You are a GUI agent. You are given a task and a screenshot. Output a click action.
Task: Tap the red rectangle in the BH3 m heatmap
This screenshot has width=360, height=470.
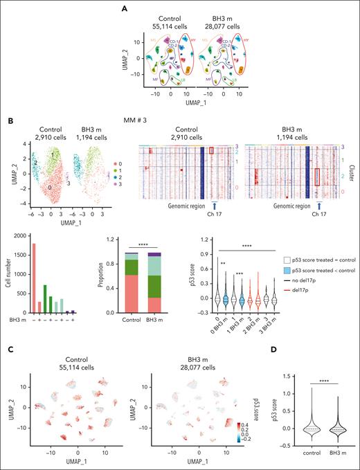click(318, 177)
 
